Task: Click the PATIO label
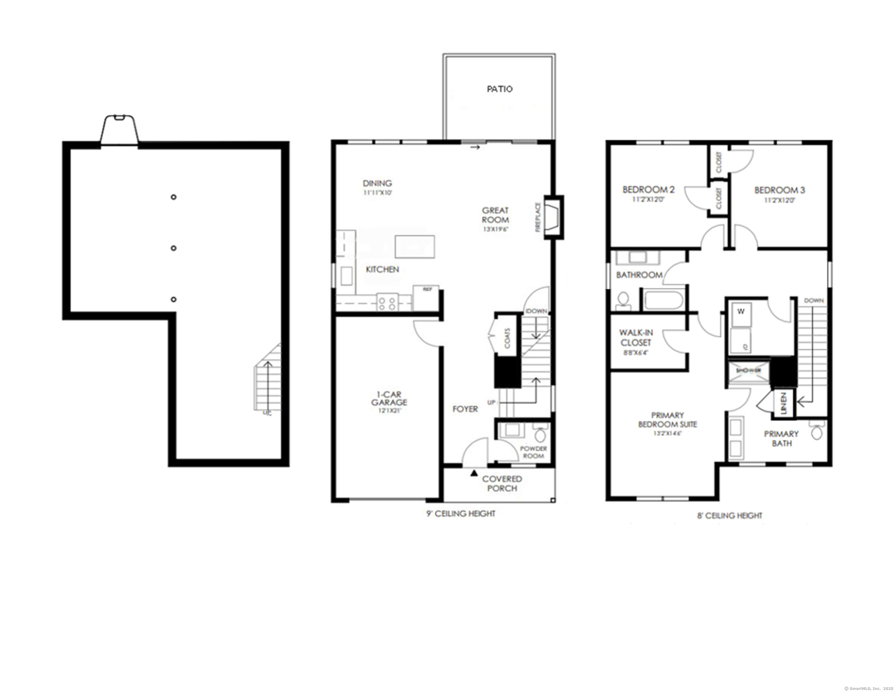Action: pyautogui.click(x=499, y=89)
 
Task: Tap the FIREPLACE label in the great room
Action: pyautogui.click(x=538, y=217)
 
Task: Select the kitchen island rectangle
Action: pyautogui.click(x=415, y=247)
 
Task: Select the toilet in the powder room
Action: pyautogui.click(x=541, y=434)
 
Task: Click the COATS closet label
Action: pyautogui.click(x=507, y=338)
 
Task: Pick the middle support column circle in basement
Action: pyautogui.click(x=174, y=248)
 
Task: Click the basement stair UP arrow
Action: pyautogui.click(x=268, y=386)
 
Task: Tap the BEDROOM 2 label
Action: pyautogui.click(x=648, y=190)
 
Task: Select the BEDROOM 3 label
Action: pyautogui.click(x=779, y=190)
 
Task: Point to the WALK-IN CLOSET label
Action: pyautogui.click(x=636, y=338)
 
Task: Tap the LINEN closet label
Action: pyautogui.click(x=784, y=404)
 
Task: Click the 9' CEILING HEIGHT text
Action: pyautogui.click(x=461, y=514)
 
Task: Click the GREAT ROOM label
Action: pyautogui.click(x=495, y=215)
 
